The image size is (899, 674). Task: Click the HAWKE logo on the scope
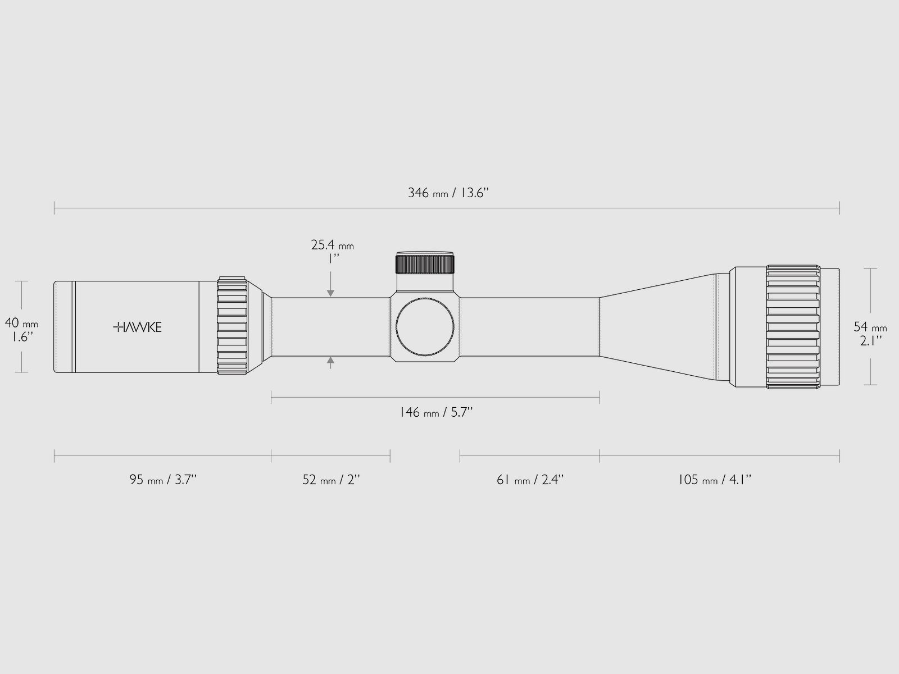[138, 327]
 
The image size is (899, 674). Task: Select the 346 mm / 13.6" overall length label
[448, 193]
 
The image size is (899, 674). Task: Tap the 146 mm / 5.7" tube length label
[435, 413]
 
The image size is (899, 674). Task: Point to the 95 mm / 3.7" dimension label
[163, 480]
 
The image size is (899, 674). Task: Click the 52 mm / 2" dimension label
[331, 480]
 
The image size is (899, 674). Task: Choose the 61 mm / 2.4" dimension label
[530, 480]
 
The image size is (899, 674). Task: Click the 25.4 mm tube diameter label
[332, 245]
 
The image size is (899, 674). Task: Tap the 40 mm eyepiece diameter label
[21, 323]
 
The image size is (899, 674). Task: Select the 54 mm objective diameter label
[870, 327]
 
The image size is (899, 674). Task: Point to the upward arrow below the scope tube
[331, 363]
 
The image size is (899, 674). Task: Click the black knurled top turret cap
[425, 263]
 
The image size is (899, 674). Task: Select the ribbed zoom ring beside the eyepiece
[232, 326]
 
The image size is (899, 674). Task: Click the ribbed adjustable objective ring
[793, 326]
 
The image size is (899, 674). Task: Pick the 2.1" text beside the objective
[870, 340]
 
